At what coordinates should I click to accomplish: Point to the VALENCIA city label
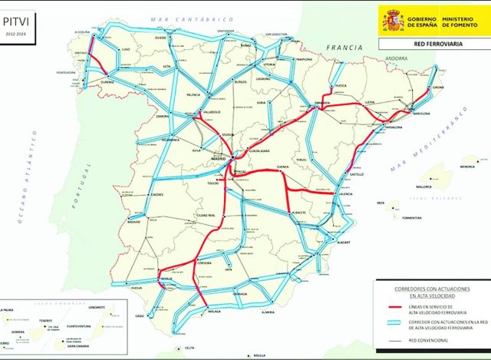tap(345, 193)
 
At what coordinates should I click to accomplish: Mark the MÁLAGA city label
tap(215, 312)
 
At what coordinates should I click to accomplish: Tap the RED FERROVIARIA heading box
tap(433, 45)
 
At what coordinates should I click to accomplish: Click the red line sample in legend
tap(391, 309)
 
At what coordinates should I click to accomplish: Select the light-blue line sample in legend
tap(391, 325)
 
